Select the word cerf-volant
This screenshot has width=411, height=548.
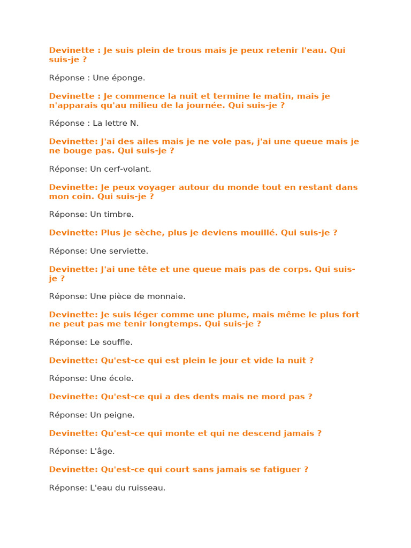[x=128, y=169]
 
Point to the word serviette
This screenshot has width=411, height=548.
[x=129, y=251]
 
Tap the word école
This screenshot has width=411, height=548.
[x=122, y=378]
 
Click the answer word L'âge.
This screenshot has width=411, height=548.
[x=102, y=451]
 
